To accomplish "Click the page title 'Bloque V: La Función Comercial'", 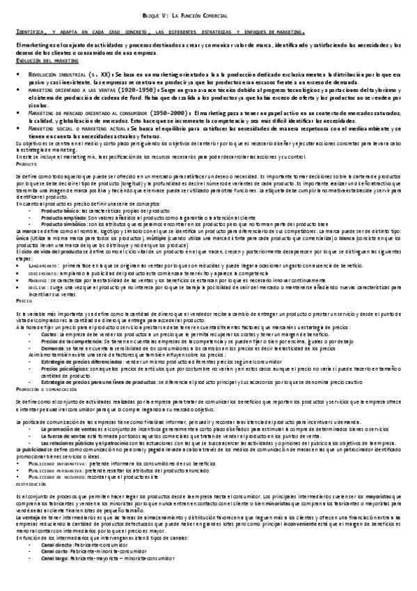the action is tap(209, 14).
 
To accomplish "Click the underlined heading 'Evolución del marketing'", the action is tap(42, 61).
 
